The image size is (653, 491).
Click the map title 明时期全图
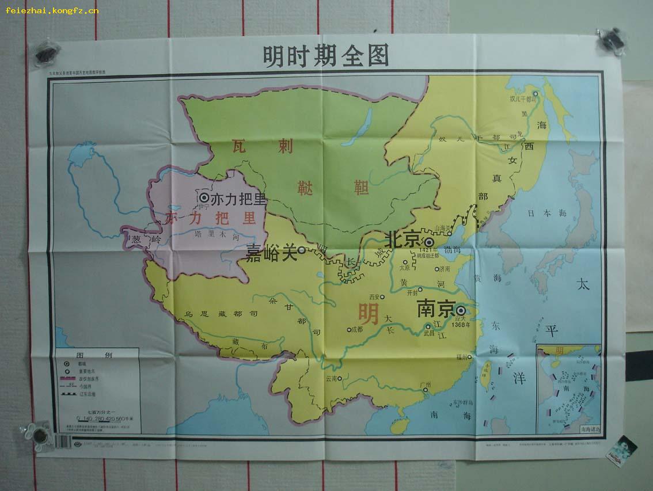(x=325, y=56)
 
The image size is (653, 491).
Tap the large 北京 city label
(x=403, y=239)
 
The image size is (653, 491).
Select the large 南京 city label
(x=436, y=309)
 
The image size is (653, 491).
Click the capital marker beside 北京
(x=430, y=242)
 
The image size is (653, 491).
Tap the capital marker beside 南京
(x=461, y=310)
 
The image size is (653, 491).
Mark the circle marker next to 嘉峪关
(x=302, y=250)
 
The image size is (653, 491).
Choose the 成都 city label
(x=356, y=330)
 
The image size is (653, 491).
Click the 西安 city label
(x=375, y=297)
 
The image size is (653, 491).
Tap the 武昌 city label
(x=428, y=333)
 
